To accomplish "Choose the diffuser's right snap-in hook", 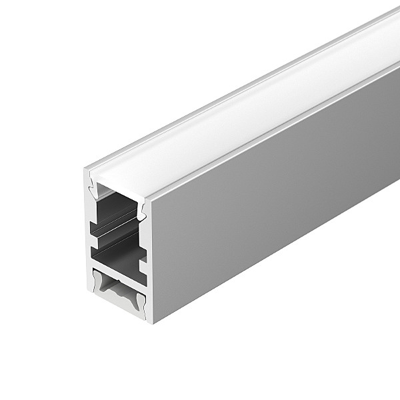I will [x=141, y=210].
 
